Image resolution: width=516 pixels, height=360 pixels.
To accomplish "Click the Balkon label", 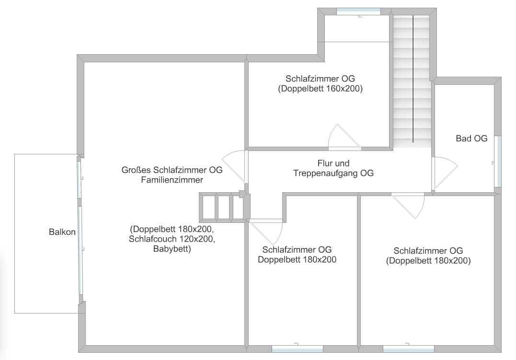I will (x=62, y=232).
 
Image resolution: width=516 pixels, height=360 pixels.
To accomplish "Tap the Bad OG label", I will (x=471, y=139).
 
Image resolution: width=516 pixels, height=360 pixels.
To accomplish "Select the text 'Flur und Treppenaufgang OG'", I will (x=333, y=169).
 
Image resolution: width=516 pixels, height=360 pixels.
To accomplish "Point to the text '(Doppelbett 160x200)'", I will (x=320, y=89).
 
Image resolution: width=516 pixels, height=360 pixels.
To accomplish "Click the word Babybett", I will (x=172, y=249).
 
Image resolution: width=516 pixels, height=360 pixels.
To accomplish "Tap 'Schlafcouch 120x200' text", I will (x=172, y=238).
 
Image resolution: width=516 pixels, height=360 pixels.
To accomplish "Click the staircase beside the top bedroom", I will (x=413, y=79).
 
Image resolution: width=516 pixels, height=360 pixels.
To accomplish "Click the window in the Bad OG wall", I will (x=497, y=162).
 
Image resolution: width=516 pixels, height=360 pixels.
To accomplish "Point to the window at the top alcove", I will (x=358, y=12).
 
